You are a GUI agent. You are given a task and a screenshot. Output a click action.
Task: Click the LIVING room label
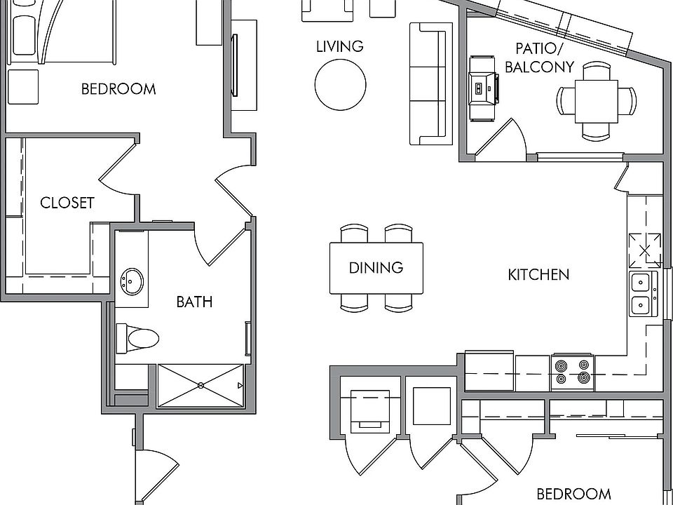340,46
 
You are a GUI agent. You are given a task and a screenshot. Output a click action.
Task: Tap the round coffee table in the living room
341,85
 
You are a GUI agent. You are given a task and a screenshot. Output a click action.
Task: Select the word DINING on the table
376,268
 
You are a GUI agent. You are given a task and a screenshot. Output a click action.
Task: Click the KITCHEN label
538,275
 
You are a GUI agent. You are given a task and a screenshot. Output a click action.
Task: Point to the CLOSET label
67,203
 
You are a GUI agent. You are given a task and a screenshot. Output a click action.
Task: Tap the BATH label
194,302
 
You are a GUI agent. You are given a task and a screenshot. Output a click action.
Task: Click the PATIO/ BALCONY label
539,58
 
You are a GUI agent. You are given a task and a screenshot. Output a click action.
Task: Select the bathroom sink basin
132,282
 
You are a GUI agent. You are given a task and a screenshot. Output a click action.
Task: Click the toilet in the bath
137,338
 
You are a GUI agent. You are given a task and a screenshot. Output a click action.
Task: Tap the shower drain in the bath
200,386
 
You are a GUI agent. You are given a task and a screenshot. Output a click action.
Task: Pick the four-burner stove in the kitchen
573,372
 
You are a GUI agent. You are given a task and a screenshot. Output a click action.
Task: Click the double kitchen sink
643,294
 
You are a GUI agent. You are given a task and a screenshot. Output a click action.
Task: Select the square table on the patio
597,101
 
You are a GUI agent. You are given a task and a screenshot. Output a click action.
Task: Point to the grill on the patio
483,89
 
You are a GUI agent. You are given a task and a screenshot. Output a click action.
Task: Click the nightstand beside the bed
23,87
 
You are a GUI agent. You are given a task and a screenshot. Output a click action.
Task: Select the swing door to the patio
500,137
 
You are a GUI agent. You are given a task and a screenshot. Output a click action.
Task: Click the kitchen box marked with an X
645,250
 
